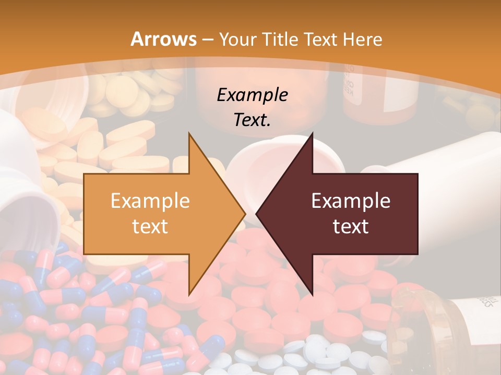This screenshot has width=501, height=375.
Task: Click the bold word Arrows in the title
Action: click(163, 39)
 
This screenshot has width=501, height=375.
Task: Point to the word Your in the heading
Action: click(236, 40)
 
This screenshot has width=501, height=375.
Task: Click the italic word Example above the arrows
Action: click(252, 95)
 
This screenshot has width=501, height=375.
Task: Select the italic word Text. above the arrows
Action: click(252, 120)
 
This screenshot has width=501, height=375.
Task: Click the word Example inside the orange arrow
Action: click(150, 201)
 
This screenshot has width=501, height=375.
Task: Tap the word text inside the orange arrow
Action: click(150, 226)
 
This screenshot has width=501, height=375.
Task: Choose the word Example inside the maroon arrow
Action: click(351, 201)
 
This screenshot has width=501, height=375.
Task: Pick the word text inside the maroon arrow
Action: click(351, 226)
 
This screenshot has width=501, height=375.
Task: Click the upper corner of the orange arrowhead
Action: click(189, 133)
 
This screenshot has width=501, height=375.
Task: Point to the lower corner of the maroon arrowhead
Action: click(313, 295)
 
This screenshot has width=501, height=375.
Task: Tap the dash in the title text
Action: click(208, 40)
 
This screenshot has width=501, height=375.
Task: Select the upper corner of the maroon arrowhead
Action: click(313, 133)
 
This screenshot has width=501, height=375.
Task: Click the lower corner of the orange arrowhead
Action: click(189, 295)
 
